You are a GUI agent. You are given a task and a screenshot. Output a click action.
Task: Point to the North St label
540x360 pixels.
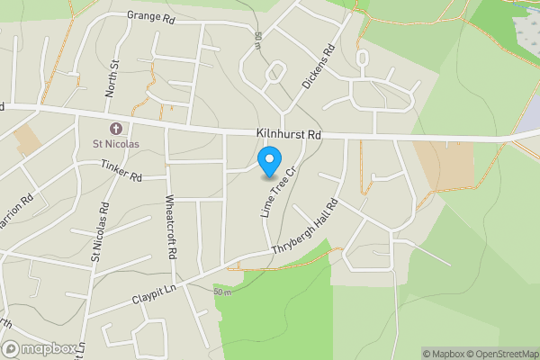112,78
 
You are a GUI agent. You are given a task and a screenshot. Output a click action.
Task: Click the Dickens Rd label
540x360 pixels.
319,68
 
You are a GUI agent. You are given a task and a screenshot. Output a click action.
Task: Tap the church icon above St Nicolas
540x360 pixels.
115,128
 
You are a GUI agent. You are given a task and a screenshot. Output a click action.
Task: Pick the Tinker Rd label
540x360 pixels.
121,171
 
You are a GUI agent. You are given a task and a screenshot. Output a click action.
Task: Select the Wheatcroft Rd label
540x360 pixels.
169,225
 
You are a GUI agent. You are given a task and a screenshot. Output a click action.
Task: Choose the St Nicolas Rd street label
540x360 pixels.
100,233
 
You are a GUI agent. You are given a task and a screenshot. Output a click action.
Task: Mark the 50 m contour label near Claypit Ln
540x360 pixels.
222,292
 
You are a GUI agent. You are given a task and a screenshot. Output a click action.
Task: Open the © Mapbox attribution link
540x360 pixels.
445,354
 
